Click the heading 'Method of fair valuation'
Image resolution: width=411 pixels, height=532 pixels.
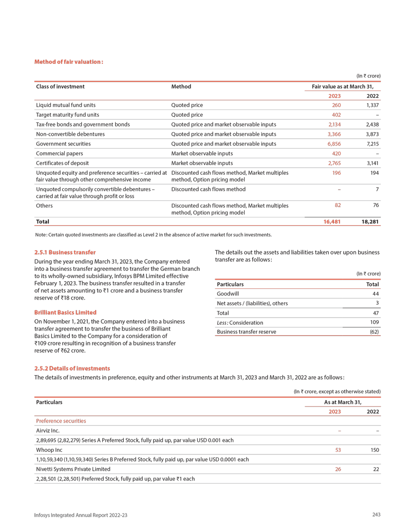tap(68, 62)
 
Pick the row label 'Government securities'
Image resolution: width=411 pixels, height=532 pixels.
tap(63, 143)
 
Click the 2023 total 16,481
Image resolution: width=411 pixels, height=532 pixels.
tap(331, 222)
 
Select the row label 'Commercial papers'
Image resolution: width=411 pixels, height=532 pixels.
tap(59, 153)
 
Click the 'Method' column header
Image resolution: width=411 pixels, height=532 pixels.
tap(181, 86)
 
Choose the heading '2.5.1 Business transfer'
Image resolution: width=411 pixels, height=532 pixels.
tap(65, 252)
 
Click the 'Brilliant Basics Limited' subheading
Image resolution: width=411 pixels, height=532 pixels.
tap(65, 312)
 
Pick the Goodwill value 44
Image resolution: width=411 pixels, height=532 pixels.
tap(376, 293)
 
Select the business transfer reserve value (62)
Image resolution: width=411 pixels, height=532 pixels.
tap(374, 332)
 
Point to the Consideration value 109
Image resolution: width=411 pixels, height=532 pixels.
tap(374, 322)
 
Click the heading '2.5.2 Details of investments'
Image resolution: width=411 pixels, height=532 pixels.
tap(72, 369)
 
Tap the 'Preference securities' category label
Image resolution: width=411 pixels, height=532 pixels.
tap(61, 420)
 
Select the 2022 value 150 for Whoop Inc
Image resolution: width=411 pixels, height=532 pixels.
tap(375, 450)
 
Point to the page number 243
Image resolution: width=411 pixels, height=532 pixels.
tap(376, 515)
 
